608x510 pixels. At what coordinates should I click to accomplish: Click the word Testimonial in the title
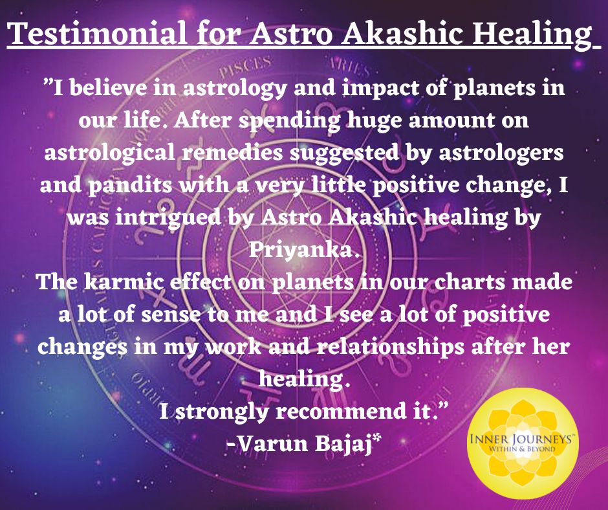(98, 34)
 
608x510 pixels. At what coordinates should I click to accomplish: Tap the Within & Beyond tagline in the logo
(521, 449)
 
